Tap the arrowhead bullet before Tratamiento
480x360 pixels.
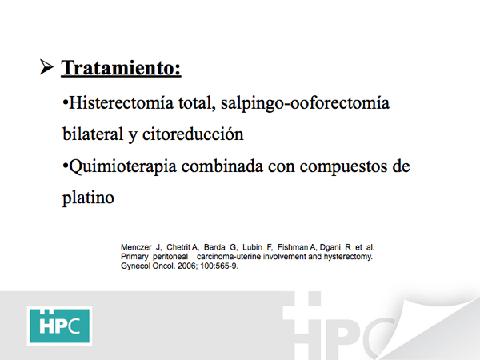46,67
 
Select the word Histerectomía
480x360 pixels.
122,102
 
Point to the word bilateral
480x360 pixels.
93,134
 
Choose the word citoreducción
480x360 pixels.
193,134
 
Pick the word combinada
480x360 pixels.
222,166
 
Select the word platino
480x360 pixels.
88,198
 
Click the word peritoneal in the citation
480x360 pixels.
170,257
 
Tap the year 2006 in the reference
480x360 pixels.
187,266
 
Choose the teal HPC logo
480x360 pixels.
59,326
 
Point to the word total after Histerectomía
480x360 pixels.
195,103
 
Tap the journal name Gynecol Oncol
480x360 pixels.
148,266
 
